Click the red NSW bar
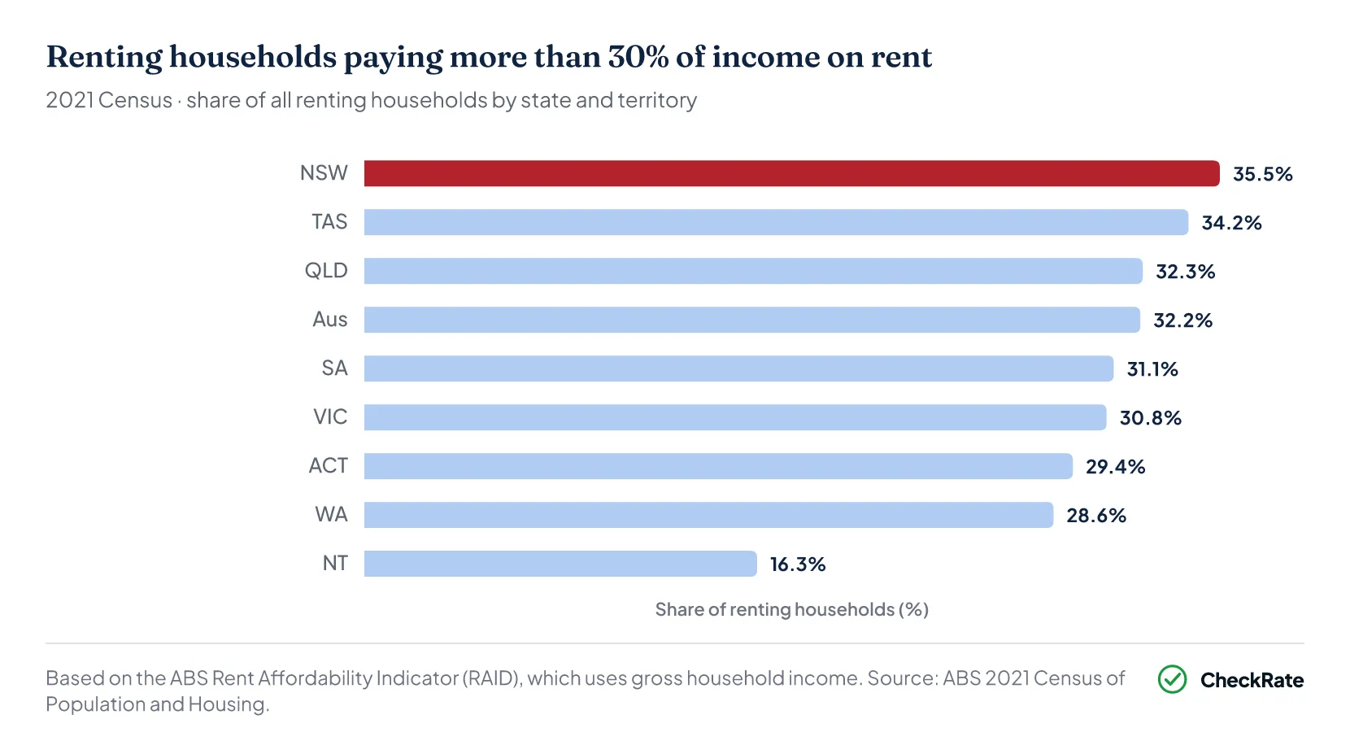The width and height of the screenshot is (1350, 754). coord(791,173)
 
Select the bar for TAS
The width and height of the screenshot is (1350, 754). coord(776,222)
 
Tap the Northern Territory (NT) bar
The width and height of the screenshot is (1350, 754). coord(560,564)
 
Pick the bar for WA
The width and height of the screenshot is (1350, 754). coord(708,515)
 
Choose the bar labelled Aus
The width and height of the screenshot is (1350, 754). coord(751,320)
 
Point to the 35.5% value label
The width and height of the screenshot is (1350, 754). coord(1262,174)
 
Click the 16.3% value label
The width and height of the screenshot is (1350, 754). coord(797,564)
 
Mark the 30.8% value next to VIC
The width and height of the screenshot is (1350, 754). coord(1150,418)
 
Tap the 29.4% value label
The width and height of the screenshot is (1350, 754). coord(1115,467)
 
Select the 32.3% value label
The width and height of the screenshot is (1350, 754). coord(1185,272)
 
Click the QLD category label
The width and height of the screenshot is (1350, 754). coord(326,270)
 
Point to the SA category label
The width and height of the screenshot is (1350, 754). coord(334,368)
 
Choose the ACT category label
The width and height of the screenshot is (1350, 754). coord(329,465)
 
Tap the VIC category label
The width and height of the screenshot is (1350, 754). coord(330,416)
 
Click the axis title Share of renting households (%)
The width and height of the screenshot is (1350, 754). coord(791,609)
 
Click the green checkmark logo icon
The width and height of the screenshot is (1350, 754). coord(1172,679)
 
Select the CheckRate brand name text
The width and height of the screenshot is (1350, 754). coord(1252,680)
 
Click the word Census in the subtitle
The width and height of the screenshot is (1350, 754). coord(135,100)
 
